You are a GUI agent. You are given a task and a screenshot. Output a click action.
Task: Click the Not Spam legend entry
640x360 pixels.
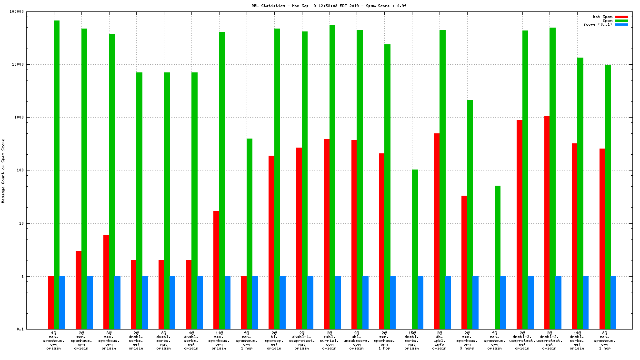pos(602,17)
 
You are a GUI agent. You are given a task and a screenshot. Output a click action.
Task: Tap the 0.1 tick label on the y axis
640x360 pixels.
pos(34,329)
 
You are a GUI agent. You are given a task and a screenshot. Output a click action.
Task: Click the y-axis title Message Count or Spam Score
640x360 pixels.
pos(3,170)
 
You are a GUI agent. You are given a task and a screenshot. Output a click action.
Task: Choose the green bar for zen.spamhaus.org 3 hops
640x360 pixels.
pos(470,214)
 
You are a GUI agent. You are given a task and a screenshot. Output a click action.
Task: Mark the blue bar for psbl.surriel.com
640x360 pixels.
pos(338,302)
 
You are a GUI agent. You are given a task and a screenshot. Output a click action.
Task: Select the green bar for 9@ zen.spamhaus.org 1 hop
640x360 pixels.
pos(250,233)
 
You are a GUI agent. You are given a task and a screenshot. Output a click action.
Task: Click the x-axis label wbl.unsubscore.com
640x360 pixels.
pos(357,340)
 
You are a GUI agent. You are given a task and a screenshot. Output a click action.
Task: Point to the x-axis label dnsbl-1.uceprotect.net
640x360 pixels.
pos(301,340)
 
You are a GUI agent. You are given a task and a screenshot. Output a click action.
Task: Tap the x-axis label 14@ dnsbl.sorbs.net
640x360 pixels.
pos(577,340)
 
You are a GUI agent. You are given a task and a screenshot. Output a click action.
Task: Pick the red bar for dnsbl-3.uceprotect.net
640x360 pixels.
pos(519,224)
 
